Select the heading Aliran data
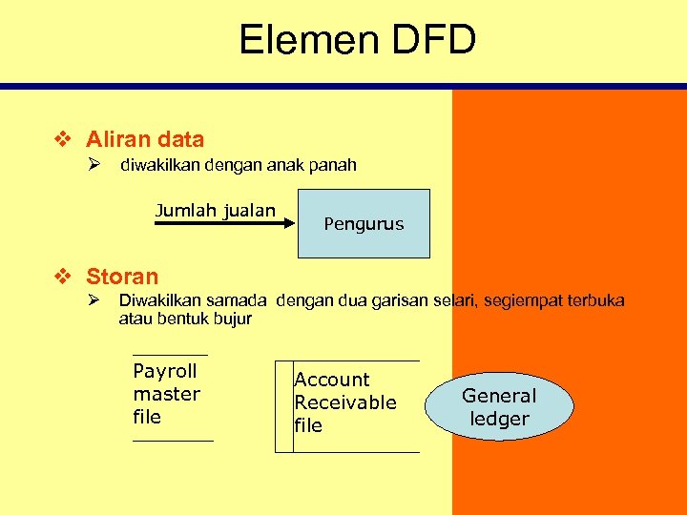[x=145, y=139]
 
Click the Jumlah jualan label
[x=215, y=211]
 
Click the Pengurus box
[x=364, y=224]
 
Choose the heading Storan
[x=122, y=277]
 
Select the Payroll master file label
[x=167, y=394]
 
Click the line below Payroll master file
[x=173, y=441]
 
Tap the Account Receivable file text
[x=344, y=402]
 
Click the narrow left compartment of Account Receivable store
[x=283, y=406]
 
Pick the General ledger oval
[x=499, y=407]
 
